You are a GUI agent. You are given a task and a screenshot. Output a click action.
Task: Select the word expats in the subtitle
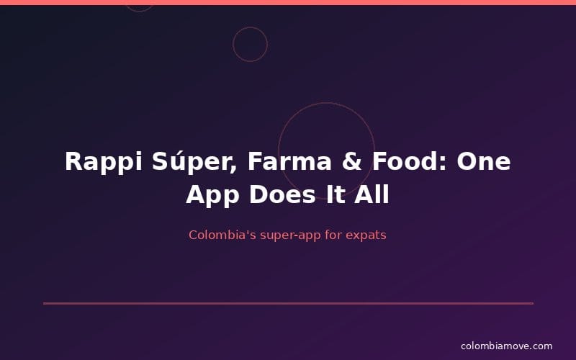[x=366, y=235]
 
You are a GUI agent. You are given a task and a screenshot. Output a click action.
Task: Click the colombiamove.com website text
[x=506, y=346]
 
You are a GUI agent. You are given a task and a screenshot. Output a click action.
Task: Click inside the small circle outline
[x=250, y=44]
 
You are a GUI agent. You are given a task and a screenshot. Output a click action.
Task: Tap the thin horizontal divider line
[x=288, y=303]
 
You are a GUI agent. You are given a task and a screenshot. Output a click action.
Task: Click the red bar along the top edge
[x=288, y=2]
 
